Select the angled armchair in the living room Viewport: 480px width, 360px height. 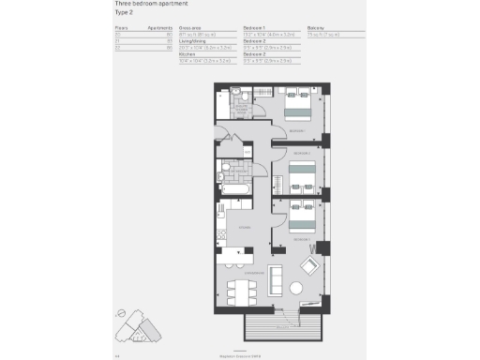point(307,267)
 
